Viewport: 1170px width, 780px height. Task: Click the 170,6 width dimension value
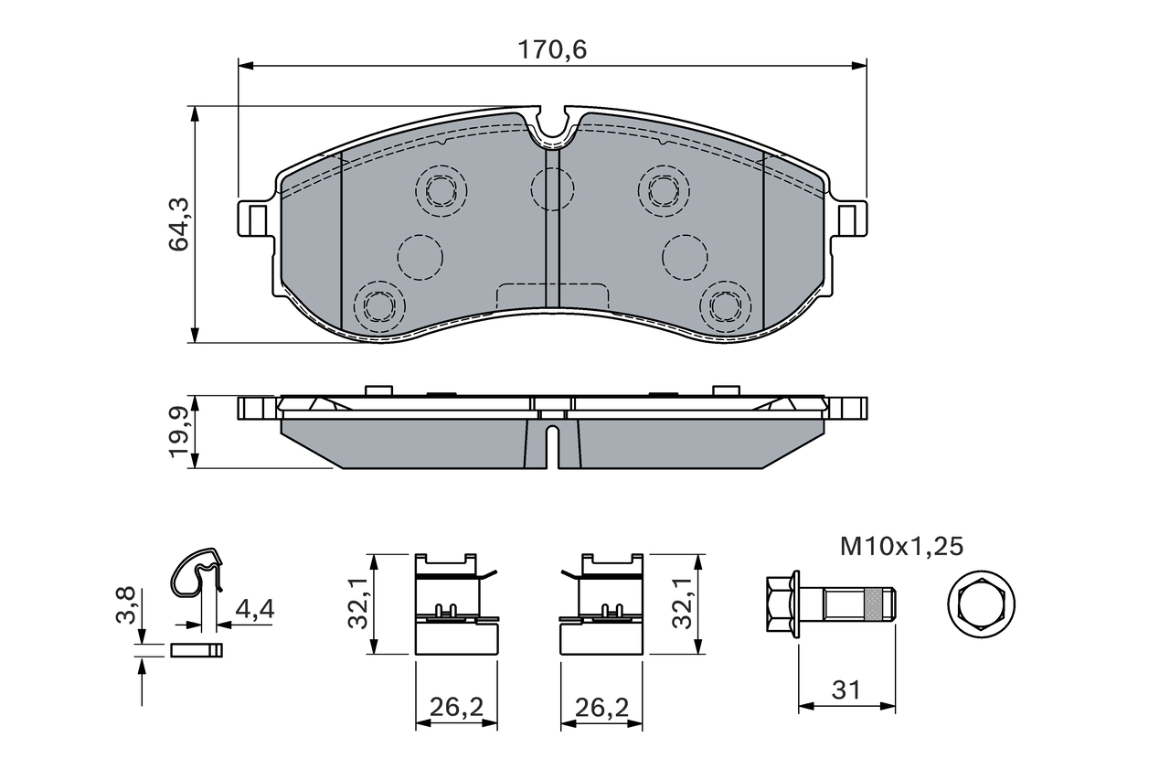click(x=552, y=50)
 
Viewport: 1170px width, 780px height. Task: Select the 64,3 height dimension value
click(x=179, y=224)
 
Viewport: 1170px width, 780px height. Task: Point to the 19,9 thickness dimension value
click(x=179, y=433)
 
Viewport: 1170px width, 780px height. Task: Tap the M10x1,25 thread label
click(x=901, y=547)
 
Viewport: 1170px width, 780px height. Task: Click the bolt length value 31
click(x=846, y=690)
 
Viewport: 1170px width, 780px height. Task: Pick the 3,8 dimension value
click(x=127, y=604)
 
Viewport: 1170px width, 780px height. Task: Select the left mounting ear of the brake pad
click(x=256, y=219)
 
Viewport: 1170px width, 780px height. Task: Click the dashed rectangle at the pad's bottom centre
click(x=552, y=297)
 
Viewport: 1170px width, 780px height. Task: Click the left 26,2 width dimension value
click(x=457, y=706)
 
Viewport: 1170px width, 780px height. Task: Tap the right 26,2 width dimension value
click(x=601, y=706)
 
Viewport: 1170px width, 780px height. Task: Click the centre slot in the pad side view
click(x=551, y=446)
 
